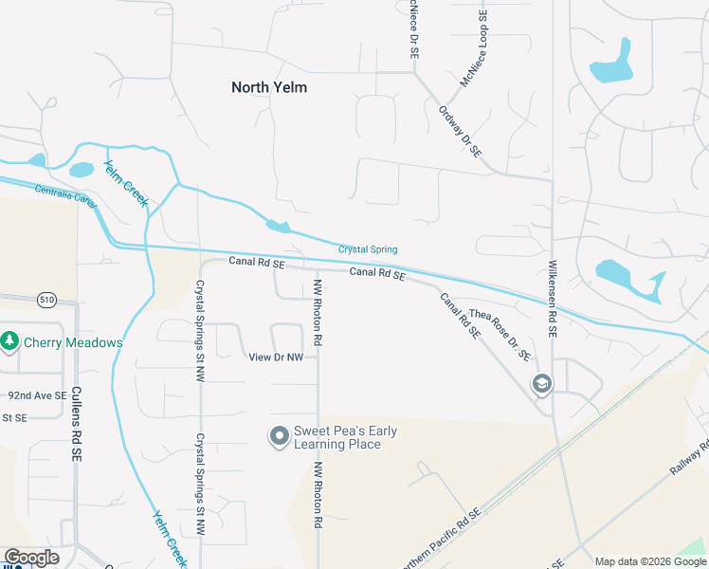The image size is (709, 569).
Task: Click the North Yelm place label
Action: point(269,87)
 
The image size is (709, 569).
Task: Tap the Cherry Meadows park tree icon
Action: point(10,340)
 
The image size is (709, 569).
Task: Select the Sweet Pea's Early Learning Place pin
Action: point(279,436)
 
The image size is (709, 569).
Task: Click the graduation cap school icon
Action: point(541,383)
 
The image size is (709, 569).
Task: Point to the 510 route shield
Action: point(47,300)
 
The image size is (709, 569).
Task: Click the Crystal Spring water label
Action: point(368,249)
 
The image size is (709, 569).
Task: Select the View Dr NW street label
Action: point(275,358)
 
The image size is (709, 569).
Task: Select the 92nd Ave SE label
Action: point(37,395)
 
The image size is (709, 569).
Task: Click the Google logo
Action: point(31,558)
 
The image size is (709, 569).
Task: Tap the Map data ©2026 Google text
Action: point(649,561)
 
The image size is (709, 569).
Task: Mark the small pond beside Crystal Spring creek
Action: point(279,227)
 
